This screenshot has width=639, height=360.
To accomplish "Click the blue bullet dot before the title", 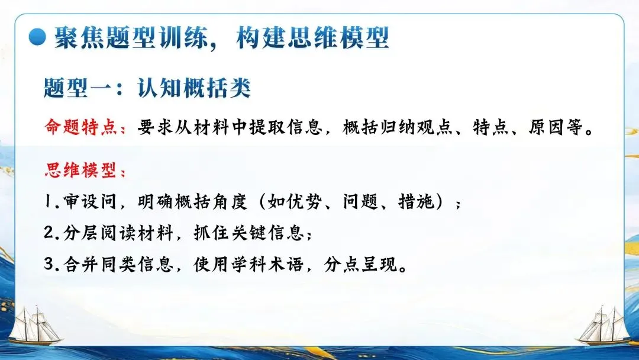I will pyautogui.click(x=38, y=37).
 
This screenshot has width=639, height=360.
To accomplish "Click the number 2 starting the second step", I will pyautogui.click(x=50, y=233).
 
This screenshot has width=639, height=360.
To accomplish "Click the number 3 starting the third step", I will pyautogui.click(x=50, y=263).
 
